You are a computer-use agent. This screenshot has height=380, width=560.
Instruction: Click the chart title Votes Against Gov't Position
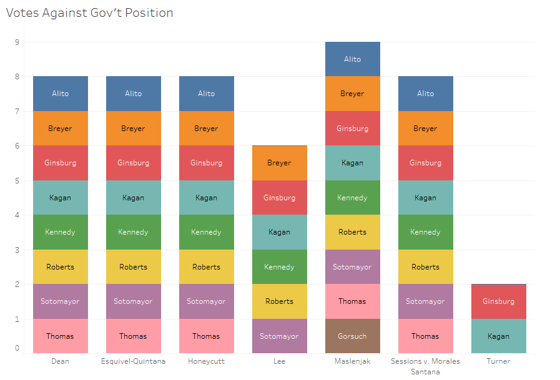point(90,13)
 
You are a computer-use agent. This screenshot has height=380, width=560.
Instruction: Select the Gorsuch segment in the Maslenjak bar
point(352,336)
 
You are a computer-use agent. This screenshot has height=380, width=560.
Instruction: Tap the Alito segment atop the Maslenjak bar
point(352,59)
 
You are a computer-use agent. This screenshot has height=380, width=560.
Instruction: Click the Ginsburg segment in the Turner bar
point(498,301)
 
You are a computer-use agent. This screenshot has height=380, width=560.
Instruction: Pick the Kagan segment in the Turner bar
point(498,336)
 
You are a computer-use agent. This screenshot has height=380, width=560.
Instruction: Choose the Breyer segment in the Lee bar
point(279,163)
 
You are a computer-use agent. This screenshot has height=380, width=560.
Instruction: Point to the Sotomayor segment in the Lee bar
point(279,336)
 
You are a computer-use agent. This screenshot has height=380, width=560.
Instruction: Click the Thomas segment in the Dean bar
point(60,336)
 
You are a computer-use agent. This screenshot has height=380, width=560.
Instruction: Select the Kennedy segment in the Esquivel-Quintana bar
point(133,232)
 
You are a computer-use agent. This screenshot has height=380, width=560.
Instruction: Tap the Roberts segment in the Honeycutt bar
point(206,267)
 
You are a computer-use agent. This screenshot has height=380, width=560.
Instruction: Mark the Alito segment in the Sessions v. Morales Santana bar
point(425,94)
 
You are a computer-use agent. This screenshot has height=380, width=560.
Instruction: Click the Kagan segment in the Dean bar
point(60,198)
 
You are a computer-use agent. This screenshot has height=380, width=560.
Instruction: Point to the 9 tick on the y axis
point(17,42)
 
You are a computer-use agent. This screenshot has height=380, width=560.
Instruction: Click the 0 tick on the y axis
point(17,348)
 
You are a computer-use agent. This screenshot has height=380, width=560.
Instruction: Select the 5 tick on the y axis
point(17,181)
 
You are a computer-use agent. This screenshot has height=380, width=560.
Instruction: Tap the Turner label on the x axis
point(498,361)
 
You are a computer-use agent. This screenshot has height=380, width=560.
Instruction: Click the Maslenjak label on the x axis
point(352,361)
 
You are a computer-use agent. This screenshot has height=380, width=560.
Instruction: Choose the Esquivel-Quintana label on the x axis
point(133,361)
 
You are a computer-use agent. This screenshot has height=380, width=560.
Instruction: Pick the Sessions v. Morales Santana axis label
point(425,366)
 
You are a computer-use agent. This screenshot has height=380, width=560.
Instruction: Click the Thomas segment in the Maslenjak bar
point(352,301)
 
